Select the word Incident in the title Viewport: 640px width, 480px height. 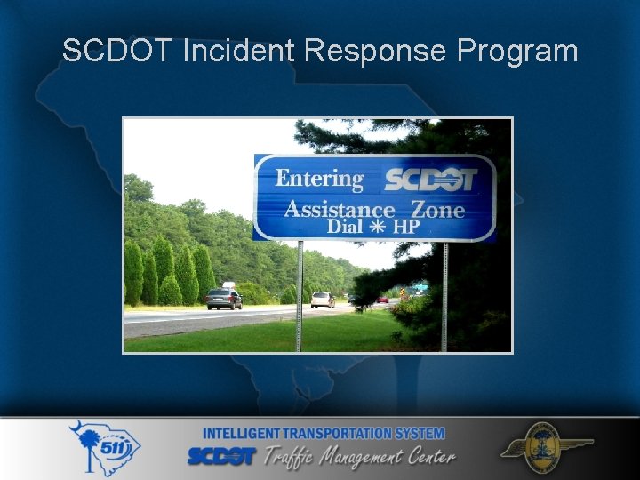[x=237, y=51]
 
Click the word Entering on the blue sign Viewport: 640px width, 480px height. [x=319, y=179]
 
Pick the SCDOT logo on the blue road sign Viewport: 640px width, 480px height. [x=430, y=180]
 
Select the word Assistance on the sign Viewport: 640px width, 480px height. [x=339, y=210]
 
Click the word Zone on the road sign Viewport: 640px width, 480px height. [x=437, y=210]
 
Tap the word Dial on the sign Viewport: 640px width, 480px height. [x=345, y=227]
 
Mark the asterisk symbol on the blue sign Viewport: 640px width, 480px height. [x=377, y=228]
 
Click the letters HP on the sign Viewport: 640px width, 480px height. [x=405, y=228]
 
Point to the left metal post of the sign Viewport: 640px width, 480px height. [x=300, y=293]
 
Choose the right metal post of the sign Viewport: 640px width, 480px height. [x=444, y=293]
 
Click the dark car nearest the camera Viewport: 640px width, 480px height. [x=224, y=299]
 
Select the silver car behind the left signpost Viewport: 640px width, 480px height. [x=322, y=300]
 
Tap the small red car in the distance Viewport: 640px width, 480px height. [x=382, y=300]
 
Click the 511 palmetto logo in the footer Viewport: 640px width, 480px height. [x=104, y=448]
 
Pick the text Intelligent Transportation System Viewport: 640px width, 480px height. [x=324, y=434]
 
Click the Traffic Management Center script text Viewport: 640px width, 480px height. [x=360, y=457]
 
